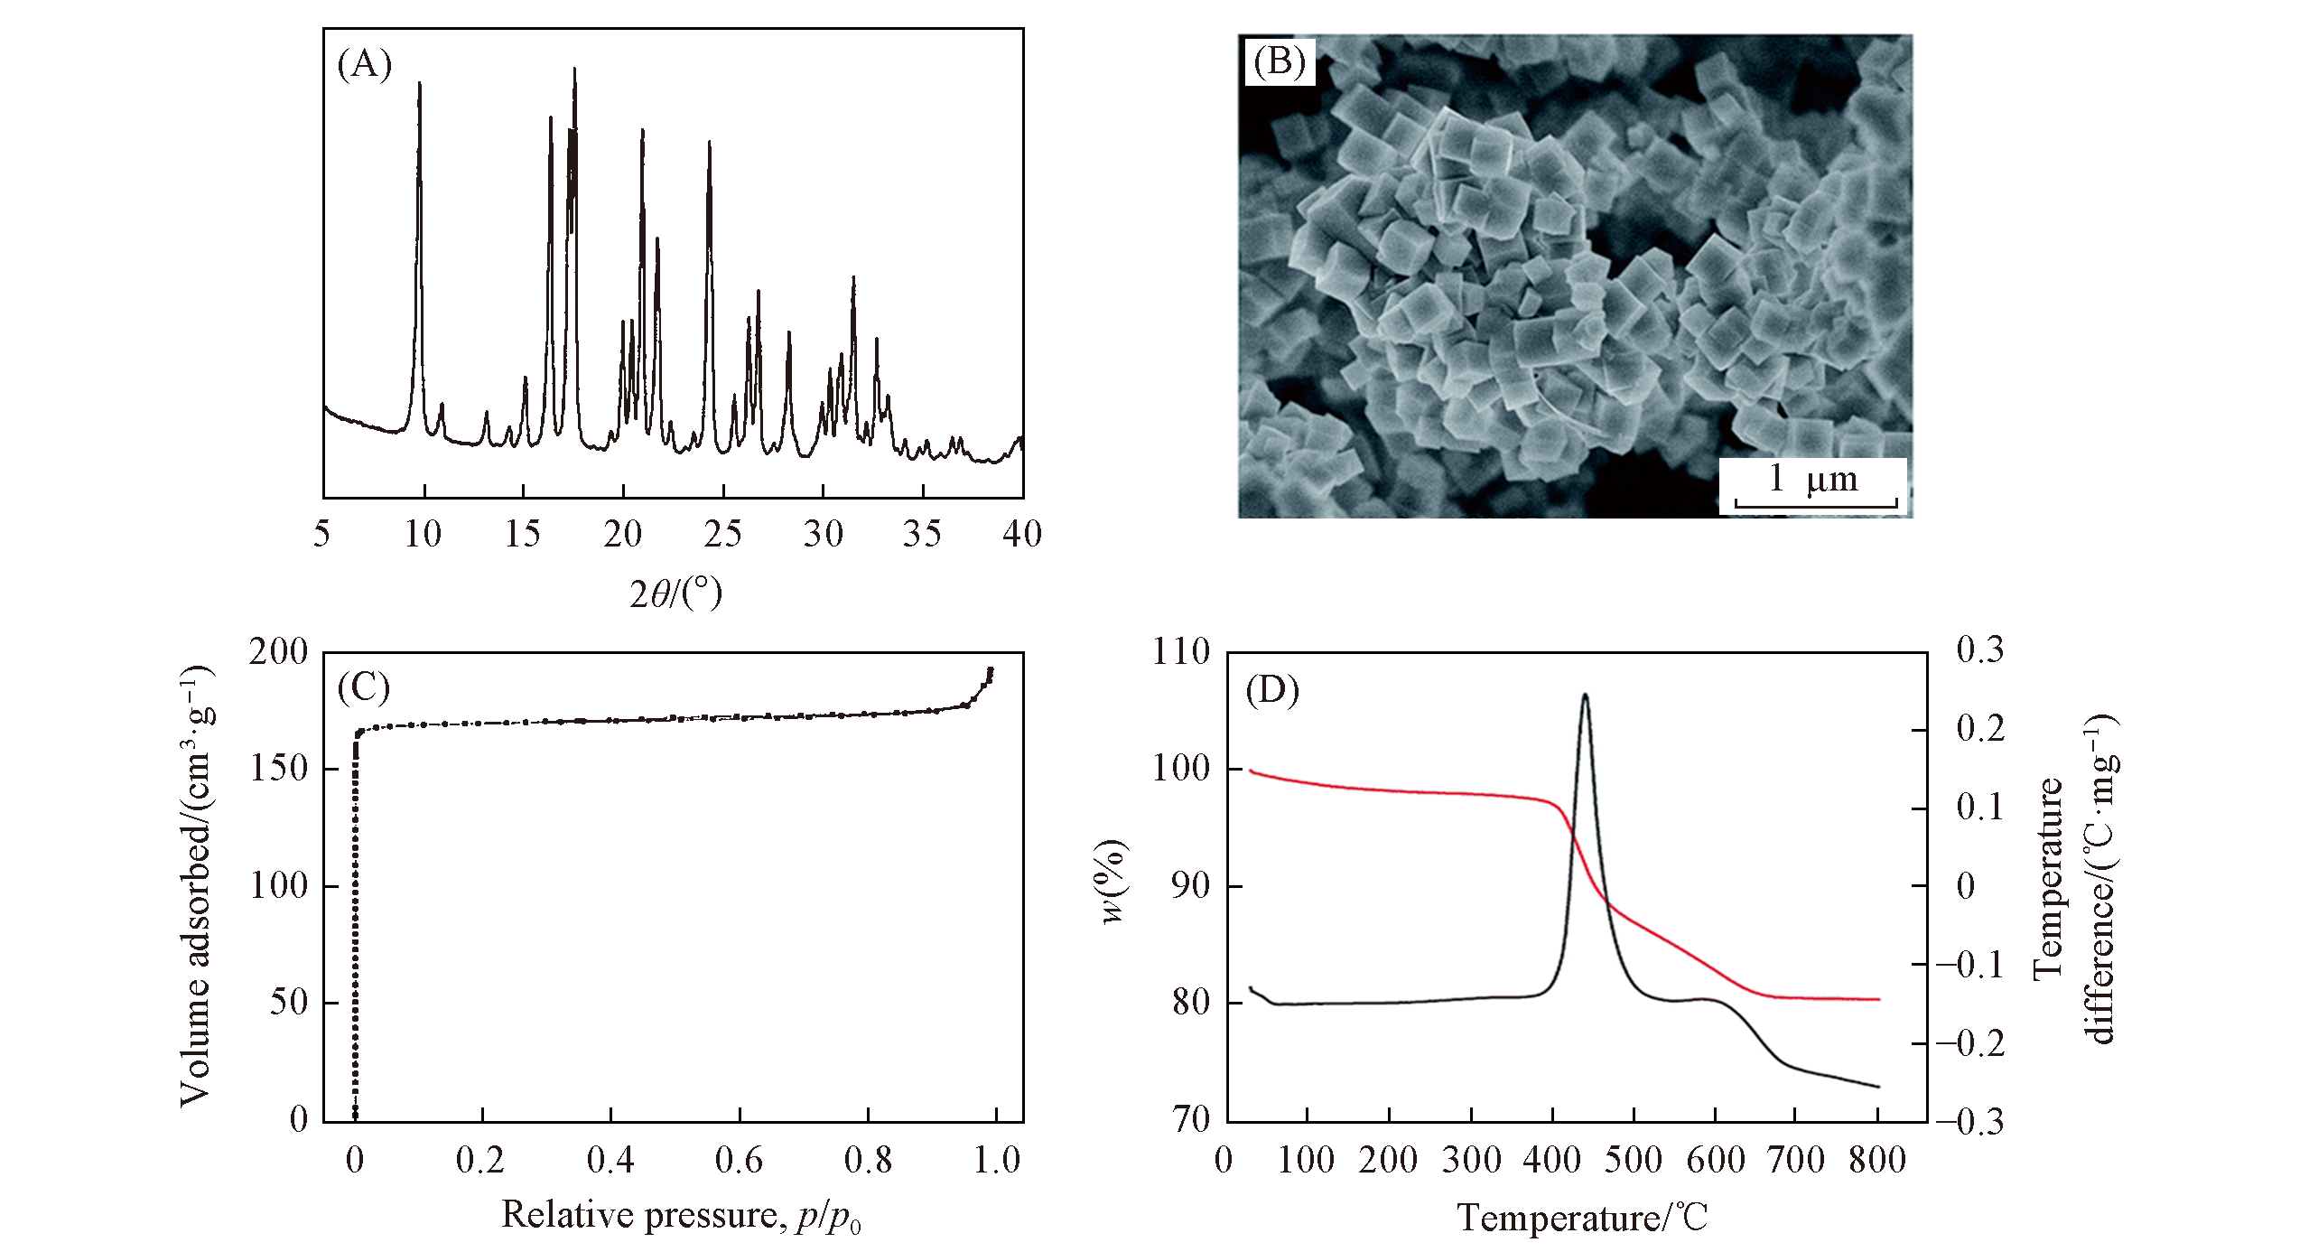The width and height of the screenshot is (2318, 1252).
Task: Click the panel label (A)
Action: pyautogui.click(x=364, y=65)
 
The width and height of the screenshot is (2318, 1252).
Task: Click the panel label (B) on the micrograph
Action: pyautogui.click(x=1279, y=62)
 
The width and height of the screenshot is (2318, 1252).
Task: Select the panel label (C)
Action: pyautogui.click(x=364, y=688)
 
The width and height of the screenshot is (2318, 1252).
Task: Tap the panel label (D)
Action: pyautogui.click(x=1272, y=691)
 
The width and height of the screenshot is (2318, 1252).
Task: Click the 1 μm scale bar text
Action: pyautogui.click(x=1814, y=480)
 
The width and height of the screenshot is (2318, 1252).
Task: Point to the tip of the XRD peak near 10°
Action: pyautogui.click(x=419, y=83)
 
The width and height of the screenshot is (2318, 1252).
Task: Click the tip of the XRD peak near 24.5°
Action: pyautogui.click(x=710, y=142)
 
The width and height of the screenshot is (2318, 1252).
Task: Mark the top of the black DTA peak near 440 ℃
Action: pyautogui.click(x=1585, y=695)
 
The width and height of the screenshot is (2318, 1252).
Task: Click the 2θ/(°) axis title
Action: pyautogui.click(x=675, y=593)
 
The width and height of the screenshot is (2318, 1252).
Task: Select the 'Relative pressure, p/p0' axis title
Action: pyautogui.click(x=681, y=1216)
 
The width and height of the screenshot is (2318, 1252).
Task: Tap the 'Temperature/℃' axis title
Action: pyautogui.click(x=1583, y=1218)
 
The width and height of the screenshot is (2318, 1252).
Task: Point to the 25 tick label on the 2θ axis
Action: pyautogui.click(x=722, y=535)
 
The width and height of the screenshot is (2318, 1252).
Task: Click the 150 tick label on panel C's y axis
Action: pyautogui.click(x=279, y=769)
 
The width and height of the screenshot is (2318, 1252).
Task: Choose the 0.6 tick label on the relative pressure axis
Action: pyautogui.click(x=739, y=1160)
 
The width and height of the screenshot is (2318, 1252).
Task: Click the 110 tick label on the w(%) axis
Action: pyautogui.click(x=1181, y=652)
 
